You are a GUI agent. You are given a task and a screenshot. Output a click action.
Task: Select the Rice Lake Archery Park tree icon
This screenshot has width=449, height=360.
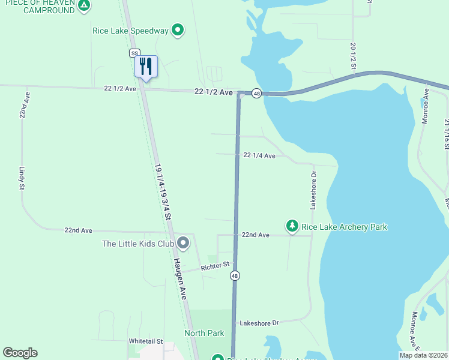pyautogui.click(x=292, y=226)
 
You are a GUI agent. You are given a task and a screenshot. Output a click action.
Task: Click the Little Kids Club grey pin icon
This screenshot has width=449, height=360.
pyautogui.click(x=183, y=243)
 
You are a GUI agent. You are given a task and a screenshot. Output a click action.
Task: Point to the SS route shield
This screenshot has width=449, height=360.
pyautogui.click(x=134, y=53)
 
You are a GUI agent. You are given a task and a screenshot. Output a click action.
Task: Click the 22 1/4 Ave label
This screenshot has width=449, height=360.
pyautogui.click(x=259, y=155)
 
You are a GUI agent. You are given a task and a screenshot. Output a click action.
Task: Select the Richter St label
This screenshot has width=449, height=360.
pyautogui.click(x=215, y=265)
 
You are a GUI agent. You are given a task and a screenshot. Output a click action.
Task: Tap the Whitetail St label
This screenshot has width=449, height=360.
pyautogui.click(x=146, y=341)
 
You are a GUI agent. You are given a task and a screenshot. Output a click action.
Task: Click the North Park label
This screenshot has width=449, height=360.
pyautogui.click(x=204, y=333)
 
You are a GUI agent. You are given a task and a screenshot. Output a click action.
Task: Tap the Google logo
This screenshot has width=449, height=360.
pyautogui.click(x=20, y=353)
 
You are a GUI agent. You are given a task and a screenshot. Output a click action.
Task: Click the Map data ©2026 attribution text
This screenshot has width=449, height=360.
pyautogui.click(x=423, y=355)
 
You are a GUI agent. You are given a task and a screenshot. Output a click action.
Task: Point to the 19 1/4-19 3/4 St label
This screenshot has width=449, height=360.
pyautogui.click(x=163, y=191)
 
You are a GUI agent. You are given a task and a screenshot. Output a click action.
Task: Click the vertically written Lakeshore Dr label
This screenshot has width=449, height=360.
pyautogui.click(x=313, y=189)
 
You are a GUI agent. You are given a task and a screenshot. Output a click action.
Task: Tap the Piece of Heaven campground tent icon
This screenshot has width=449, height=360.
pyautogui.click(x=85, y=6)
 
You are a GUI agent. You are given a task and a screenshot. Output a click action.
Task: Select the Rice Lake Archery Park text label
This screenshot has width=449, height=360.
pyautogui.click(x=344, y=227)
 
